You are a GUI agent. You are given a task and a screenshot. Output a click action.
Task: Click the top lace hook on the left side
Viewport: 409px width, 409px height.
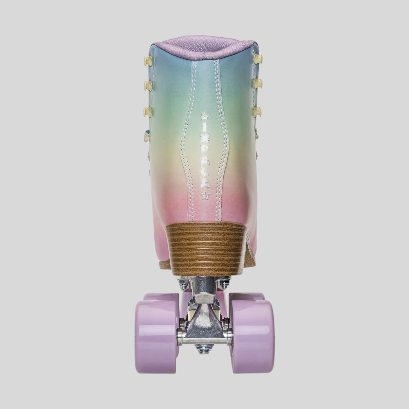click(148, 61)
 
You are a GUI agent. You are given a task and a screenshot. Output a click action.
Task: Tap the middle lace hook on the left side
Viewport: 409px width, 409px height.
click(148, 85)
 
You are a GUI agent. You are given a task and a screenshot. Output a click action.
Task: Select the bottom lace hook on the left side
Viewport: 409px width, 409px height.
click(147, 112)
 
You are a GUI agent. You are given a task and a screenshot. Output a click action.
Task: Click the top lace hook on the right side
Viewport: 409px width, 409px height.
click(258, 59)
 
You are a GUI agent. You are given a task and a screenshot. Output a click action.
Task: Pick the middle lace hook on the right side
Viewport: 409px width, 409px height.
click(258, 83)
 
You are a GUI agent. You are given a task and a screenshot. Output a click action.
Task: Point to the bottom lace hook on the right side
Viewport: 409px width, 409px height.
click(257, 112)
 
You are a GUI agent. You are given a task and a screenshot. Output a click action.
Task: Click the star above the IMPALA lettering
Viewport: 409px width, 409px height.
click(205, 116)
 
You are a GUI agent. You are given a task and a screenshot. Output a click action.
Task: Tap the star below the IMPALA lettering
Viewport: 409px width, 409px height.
click(206, 195)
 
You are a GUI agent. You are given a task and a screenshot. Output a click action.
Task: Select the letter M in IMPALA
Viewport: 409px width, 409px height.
click(205, 138)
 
